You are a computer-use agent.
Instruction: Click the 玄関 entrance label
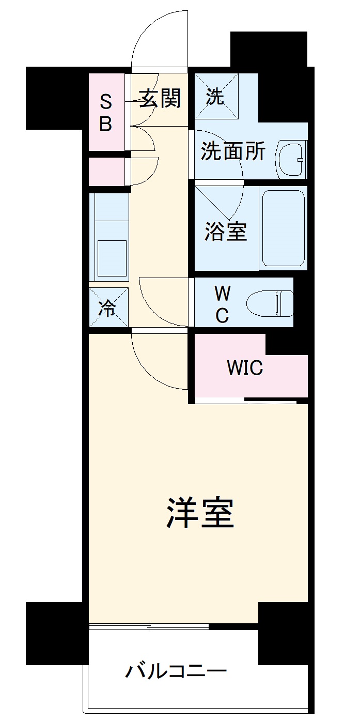pos(161,98)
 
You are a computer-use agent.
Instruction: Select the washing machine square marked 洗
pos(216,97)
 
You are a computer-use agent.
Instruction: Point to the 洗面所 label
pos(233,152)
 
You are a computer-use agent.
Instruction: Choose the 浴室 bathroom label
pos(226,231)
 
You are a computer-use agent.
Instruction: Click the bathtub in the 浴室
pos(283,228)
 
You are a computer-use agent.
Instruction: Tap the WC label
pos(222,304)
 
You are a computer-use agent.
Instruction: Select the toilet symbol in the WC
pos(270,304)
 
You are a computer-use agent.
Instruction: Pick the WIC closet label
pos(245,368)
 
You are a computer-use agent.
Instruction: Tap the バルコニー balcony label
pos(176,672)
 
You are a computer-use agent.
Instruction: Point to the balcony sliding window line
pos(149,626)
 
